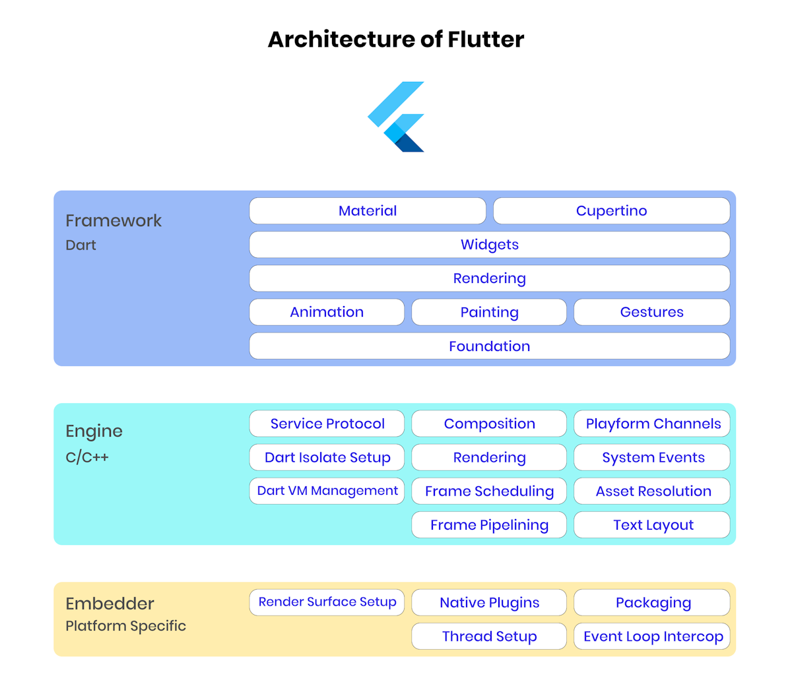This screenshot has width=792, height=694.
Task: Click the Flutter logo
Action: (396, 117)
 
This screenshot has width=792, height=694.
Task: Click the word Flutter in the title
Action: (486, 40)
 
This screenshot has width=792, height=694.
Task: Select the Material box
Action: (368, 211)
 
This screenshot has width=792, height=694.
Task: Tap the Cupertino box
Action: (611, 211)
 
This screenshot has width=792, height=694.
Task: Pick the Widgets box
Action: (489, 245)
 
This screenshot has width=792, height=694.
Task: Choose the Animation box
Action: (327, 312)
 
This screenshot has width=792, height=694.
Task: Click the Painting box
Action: (489, 312)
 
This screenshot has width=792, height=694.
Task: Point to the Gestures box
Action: (651, 312)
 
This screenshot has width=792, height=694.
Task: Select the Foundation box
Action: (489, 346)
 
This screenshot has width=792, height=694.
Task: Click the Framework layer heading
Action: (114, 220)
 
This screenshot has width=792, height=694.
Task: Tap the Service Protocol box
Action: (327, 424)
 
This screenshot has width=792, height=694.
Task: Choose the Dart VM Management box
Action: (327, 491)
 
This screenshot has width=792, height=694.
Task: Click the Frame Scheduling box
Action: (489, 491)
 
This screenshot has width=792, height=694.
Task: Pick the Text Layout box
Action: (652, 525)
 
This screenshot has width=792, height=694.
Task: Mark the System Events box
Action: (652, 457)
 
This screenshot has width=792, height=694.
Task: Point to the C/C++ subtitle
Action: (87, 457)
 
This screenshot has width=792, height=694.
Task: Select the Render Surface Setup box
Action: (327, 602)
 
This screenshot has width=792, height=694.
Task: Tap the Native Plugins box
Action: (489, 602)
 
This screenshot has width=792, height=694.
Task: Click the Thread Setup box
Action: (489, 637)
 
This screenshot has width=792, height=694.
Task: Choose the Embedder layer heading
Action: (110, 604)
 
